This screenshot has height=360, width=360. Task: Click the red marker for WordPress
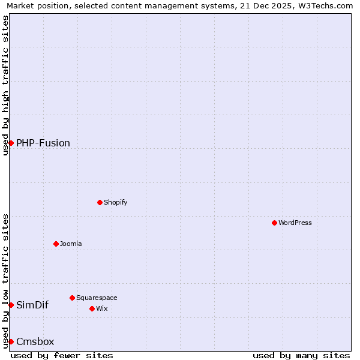274,223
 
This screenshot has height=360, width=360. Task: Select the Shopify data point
100,202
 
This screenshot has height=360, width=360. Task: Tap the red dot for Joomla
56,244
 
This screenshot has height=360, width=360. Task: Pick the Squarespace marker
72,298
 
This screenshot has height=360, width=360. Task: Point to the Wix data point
92,308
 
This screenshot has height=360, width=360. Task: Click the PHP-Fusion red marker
11,143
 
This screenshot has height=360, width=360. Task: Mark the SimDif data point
11,305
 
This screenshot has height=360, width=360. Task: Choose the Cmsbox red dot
11,341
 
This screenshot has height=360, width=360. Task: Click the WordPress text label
295,223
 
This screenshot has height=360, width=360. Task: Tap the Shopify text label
116,202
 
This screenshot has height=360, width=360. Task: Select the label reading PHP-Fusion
43,143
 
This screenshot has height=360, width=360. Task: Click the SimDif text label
32,305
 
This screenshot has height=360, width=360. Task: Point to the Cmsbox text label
35,342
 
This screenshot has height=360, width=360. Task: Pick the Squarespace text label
97,298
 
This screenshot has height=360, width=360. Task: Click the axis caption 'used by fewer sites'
62,355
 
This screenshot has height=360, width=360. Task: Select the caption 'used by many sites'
301,355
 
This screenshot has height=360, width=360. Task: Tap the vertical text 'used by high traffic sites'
6,85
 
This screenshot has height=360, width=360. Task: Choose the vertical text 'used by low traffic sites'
6,281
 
